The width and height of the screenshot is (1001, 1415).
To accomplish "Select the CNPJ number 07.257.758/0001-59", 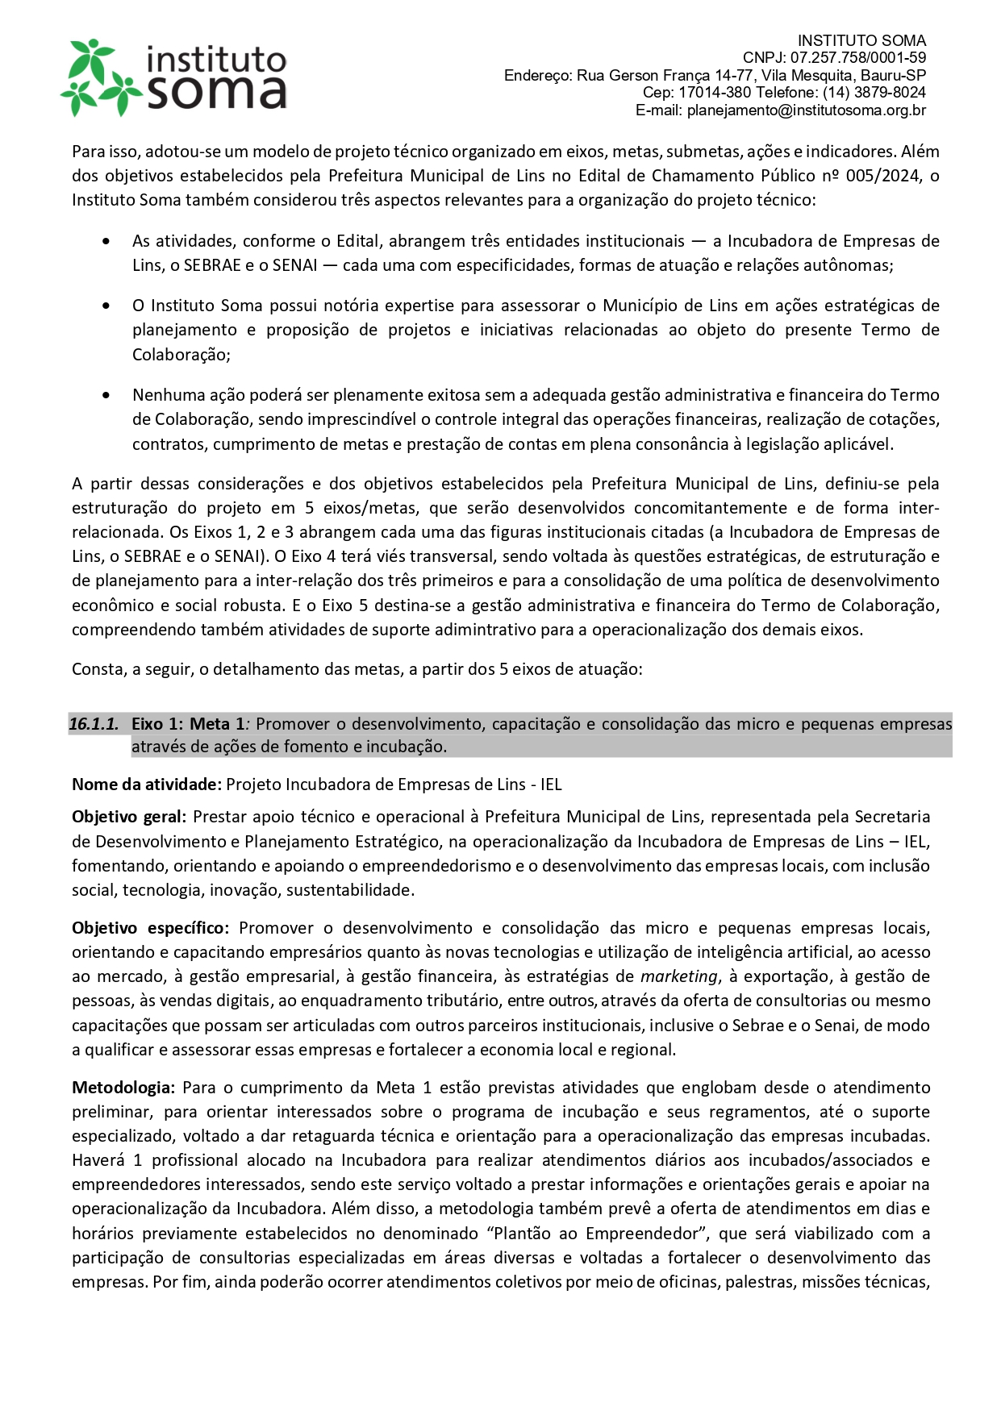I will [x=858, y=58].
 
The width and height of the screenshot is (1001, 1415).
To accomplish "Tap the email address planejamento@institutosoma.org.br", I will [x=806, y=110].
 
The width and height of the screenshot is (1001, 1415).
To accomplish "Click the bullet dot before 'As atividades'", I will [x=106, y=241].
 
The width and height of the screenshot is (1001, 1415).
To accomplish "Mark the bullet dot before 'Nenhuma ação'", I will [x=106, y=395].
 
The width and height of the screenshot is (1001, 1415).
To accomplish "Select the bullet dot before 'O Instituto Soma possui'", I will [x=106, y=306].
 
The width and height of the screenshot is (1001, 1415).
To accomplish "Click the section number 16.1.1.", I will [x=94, y=724].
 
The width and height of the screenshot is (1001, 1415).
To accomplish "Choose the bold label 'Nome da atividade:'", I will [x=146, y=784].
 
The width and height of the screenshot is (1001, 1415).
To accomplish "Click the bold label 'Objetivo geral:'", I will [x=129, y=817].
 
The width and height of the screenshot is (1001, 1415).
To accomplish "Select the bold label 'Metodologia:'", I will [x=123, y=1088].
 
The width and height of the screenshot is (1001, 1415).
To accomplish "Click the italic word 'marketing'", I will [x=678, y=976].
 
